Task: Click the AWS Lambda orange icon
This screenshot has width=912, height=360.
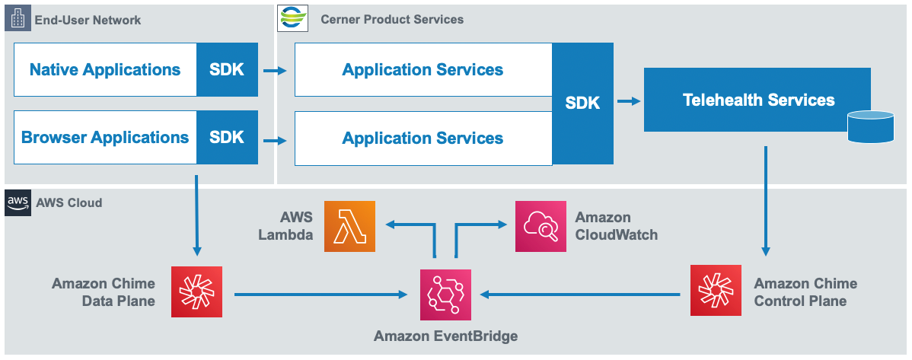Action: (x=349, y=226)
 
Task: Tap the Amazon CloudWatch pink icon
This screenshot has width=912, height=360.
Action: (x=541, y=226)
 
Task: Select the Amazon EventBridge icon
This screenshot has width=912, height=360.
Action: (x=445, y=295)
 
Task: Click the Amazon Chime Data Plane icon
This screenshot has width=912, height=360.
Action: (x=196, y=292)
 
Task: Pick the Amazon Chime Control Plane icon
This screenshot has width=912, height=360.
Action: (x=716, y=290)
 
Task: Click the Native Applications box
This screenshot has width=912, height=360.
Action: (x=105, y=70)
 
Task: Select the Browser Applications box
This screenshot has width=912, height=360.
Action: (x=105, y=138)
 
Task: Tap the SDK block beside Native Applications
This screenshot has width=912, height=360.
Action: (x=227, y=70)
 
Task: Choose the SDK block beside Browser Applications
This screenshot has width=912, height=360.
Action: (x=227, y=138)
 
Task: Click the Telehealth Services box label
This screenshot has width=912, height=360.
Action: (x=758, y=100)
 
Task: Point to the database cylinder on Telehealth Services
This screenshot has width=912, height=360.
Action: (x=871, y=127)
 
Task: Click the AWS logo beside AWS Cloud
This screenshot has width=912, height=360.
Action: (x=17, y=203)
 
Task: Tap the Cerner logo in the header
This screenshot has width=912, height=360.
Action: (x=292, y=18)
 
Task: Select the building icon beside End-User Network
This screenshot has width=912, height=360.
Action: (x=17, y=19)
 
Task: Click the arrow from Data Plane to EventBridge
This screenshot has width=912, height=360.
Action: (x=320, y=294)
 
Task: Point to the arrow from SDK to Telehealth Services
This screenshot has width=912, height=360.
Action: (x=628, y=100)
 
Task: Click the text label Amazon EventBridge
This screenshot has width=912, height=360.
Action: (x=445, y=336)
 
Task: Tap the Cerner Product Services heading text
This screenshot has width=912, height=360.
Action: (x=392, y=19)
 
